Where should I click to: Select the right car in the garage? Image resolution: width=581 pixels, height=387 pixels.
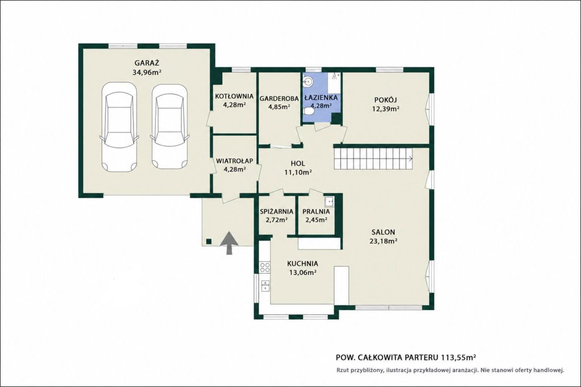pos(170,126)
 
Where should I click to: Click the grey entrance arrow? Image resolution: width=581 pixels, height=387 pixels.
pos(230,243)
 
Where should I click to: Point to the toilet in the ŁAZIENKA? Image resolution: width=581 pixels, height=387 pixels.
pos(308,112)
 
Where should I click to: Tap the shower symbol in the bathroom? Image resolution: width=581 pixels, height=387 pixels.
pos(335,76)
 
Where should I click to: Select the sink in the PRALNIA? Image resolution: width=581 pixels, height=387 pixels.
pos(329,201)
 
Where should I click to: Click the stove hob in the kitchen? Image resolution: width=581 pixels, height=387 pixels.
pos(265,267)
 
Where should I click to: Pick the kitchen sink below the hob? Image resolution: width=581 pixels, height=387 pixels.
pos(266,286)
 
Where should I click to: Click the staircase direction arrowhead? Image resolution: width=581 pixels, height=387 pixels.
pos(411,159)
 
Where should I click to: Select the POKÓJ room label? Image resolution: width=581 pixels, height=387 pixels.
pos(385,100)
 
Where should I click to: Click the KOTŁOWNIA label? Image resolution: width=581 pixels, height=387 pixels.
pos(234,96)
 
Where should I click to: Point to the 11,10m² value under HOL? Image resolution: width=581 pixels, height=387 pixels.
pos(297,172)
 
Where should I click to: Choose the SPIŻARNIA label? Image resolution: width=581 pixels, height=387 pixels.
pos(276,211)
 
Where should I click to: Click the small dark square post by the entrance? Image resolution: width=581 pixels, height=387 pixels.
pos(209,241)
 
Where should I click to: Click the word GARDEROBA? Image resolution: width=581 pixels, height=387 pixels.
pos(279,99)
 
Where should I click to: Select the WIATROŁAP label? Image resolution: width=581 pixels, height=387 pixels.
pos(234,161)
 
